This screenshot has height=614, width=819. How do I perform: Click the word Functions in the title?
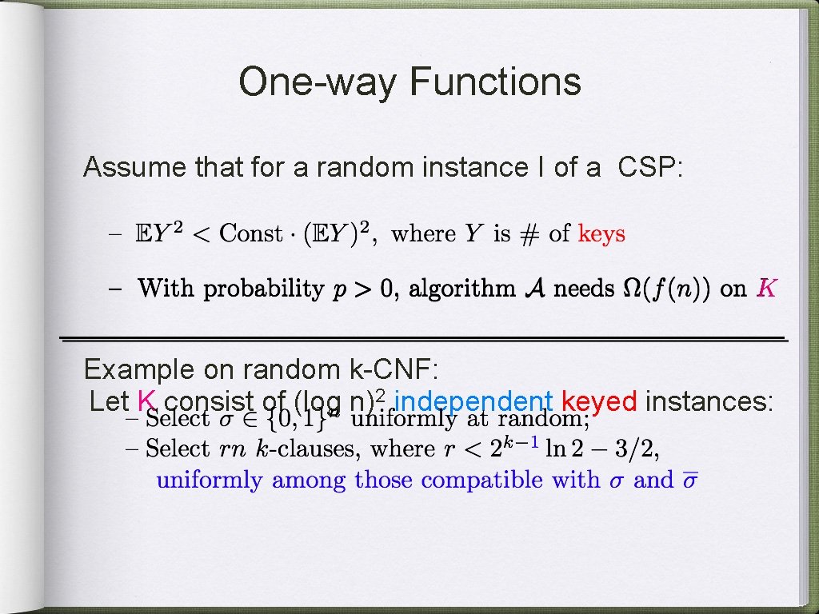[495, 82]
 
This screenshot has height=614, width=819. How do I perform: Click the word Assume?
[134, 168]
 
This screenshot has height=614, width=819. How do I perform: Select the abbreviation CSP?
[649, 168]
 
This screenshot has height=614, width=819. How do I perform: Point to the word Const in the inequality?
[251, 234]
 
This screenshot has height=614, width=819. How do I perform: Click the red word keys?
[601, 234]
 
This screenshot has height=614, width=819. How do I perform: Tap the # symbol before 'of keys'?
[529, 234]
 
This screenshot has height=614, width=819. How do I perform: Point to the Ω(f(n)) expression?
[668, 289]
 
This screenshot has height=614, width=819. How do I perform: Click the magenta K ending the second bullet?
[765, 289]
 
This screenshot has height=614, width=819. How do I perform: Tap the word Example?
[138, 369]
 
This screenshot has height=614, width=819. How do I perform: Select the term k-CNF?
[390, 369]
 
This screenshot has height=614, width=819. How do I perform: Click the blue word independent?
[474, 401]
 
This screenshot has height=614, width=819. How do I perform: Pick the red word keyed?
[599, 401]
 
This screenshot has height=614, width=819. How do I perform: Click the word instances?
[709, 401]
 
